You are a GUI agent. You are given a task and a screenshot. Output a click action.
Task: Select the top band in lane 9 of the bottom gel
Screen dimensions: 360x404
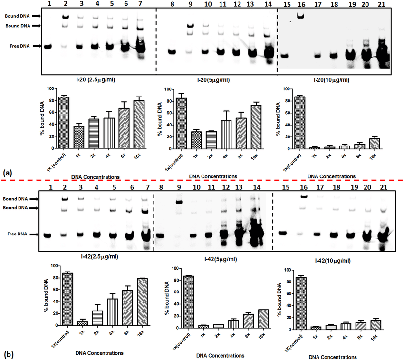click(x=179, y=202)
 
